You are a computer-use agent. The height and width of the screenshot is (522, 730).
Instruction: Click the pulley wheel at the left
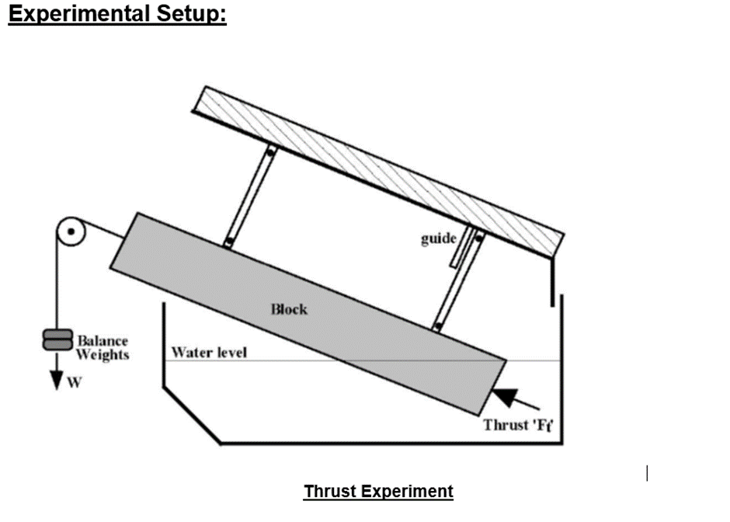[70, 232]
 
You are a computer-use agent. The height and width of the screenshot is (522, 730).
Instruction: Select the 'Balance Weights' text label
[102, 348]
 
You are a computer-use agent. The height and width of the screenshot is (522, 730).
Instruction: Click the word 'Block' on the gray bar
[289, 309]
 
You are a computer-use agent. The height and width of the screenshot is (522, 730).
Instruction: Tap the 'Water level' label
[209, 353]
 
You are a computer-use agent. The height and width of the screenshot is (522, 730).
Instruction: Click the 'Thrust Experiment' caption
[378, 492]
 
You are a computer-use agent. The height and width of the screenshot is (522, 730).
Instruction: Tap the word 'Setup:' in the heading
[194, 14]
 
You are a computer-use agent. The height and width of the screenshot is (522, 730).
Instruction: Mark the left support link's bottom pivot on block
[228, 243]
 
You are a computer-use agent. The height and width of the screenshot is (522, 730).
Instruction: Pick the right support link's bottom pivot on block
[437, 327]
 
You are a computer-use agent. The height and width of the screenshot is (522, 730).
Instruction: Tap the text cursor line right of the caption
[647, 473]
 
